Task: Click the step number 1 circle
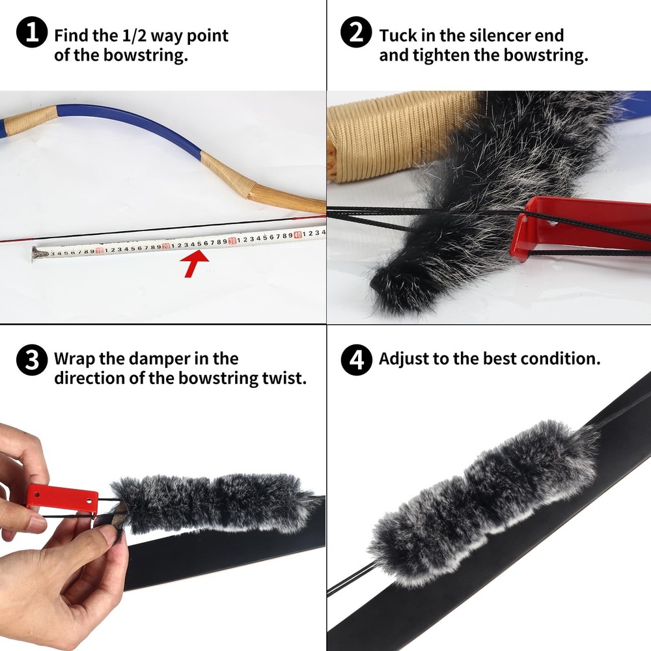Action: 31,35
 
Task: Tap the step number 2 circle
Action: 357,35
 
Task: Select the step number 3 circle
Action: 31,360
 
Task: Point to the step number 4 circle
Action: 357,360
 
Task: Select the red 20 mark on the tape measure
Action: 165,246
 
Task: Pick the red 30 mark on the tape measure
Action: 232,241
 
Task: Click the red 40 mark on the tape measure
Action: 297,235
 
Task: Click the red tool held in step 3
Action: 62,497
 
